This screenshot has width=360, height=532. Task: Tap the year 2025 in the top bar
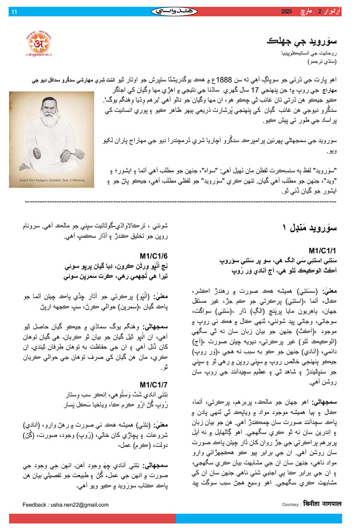[x=287, y=12]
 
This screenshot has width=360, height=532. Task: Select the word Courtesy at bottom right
[x=290, y=505]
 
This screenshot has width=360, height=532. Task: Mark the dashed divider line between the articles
[x=180, y=201]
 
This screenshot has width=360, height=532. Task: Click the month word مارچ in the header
[x=312, y=12]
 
